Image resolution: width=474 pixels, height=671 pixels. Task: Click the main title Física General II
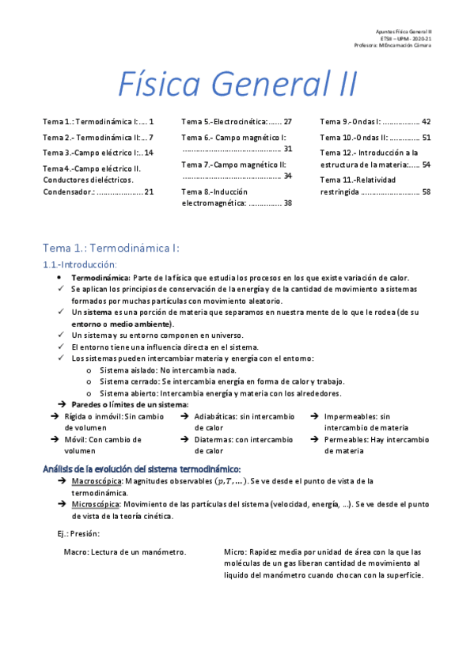(x=237, y=83)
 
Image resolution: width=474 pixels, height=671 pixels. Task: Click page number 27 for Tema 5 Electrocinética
(x=287, y=122)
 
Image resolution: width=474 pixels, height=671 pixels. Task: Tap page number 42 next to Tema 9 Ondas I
(x=426, y=122)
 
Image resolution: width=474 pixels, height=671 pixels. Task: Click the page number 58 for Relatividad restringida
(x=426, y=191)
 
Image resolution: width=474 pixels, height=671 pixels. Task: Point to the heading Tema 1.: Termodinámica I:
(x=111, y=248)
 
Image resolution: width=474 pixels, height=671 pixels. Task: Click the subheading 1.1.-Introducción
(x=79, y=264)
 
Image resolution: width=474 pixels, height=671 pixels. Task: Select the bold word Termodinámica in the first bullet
(x=100, y=279)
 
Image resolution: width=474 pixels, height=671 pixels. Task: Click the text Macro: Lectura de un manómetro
(x=125, y=552)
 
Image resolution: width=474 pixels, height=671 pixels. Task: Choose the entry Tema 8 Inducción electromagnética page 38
(x=237, y=197)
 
